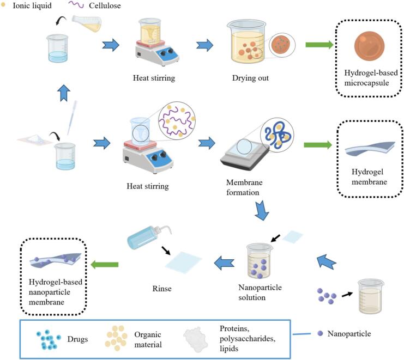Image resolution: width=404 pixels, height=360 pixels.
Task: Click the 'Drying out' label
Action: point(250,78)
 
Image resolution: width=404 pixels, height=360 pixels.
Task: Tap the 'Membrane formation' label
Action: point(244,187)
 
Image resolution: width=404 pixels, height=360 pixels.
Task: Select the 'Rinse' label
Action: point(162,289)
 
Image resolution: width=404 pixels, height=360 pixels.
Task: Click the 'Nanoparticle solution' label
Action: point(260,292)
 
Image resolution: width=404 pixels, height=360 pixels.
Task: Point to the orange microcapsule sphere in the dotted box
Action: point(369,46)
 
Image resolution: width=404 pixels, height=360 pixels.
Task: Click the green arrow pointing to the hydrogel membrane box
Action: point(318,145)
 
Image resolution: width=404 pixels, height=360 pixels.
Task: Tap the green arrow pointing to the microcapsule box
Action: point(319,45)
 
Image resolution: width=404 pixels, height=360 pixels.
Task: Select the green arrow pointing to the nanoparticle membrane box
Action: point(105,264)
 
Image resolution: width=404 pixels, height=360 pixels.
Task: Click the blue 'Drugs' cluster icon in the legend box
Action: point(49,339)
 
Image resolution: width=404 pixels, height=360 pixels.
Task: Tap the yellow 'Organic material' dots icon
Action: point(116,338)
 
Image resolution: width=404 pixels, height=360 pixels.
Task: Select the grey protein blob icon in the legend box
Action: point(195,339)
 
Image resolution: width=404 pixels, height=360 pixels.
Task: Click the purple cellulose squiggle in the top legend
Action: point(76,5)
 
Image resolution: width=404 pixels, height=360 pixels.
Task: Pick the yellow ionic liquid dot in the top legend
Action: point(3,4)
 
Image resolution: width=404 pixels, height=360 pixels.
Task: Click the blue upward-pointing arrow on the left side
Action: point(64,93)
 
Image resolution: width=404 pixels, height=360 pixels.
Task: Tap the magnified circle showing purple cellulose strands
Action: point(177,120)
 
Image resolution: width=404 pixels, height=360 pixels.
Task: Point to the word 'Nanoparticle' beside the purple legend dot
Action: point(349,334)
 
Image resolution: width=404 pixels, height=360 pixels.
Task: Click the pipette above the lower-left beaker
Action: point(72,118)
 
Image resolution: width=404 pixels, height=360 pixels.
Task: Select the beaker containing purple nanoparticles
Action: point(258,261)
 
